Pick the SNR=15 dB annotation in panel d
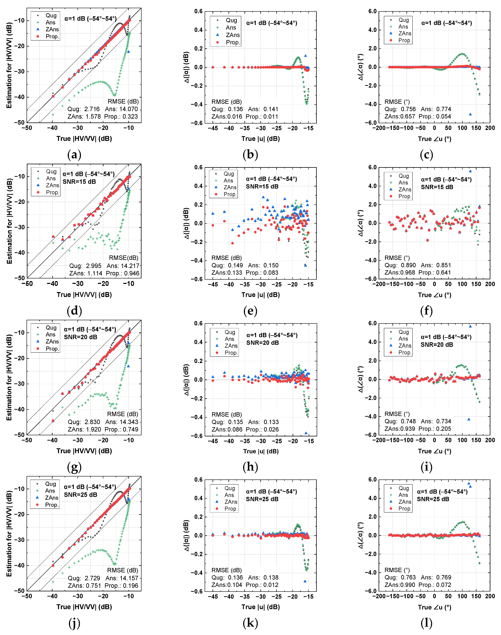coord(79,182)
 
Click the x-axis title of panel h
coord(260,451)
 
